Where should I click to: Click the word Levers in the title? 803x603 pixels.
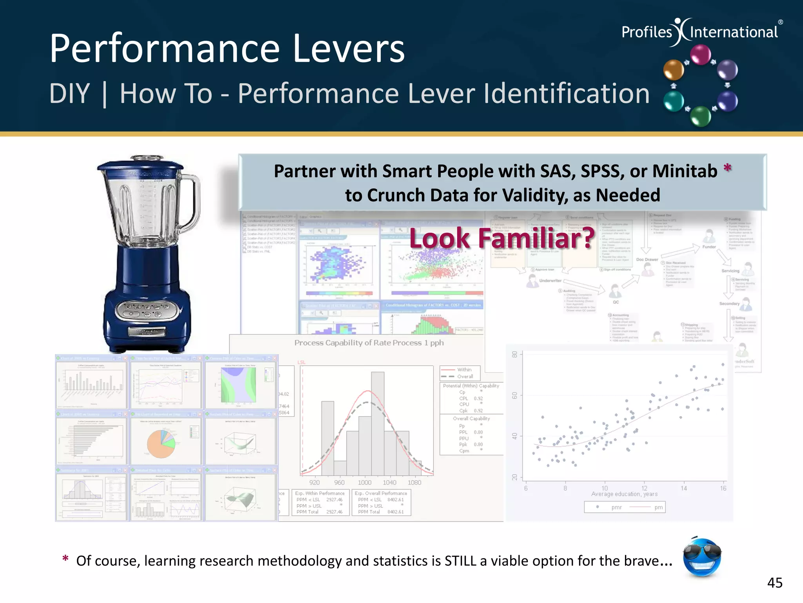click(x=348, y=49)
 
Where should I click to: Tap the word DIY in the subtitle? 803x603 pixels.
click(x=69, y=94)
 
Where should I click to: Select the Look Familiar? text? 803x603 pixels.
click(x=502, y=238)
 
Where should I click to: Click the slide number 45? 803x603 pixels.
click(x=774, y=583)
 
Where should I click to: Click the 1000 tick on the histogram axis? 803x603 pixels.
click(x=364, y=482)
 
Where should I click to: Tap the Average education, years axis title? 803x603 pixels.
click(x=624, y=494)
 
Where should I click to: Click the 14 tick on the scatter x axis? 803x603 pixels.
click(x=683, y=488)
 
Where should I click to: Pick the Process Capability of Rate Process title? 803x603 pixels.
click(x=369, y=343)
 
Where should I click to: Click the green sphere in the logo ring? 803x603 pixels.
click(x=700, y=116)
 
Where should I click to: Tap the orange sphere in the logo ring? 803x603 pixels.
click(x=673, y=70)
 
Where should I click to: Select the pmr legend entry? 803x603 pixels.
click(x=616, y=507)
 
